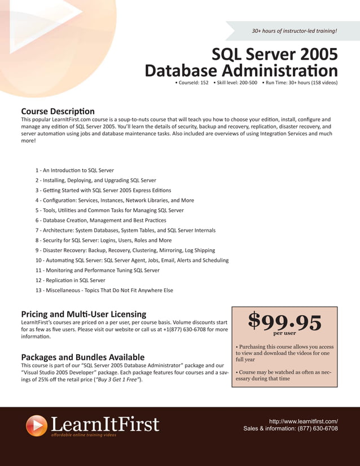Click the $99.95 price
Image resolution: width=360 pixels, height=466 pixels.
coord(284,322)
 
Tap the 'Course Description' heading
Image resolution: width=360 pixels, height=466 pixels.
coord(58,111)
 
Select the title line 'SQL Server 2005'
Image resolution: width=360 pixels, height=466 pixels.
coord(274,54)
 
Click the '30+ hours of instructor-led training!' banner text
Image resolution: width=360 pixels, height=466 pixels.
coord(294,30)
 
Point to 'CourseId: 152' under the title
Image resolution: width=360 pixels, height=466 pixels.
coord(192,83)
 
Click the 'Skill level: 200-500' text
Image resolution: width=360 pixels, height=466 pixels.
coord(235,83)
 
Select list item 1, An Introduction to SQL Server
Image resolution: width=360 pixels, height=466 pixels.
coord(74,170)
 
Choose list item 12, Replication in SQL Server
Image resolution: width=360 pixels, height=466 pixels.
coord(70,280)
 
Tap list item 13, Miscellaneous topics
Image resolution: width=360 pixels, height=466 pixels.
coord(104,291)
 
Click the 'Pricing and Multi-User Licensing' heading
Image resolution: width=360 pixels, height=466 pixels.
coord(84,314)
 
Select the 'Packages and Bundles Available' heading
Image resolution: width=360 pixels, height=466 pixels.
coord(82,357)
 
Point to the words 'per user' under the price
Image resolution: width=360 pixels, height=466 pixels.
coord(284,333)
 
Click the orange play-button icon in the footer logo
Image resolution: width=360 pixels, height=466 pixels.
coord(37,425)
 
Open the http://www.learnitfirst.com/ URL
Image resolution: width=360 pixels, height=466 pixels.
coord(303,421)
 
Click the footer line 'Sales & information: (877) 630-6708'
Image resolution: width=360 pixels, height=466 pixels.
coord(290,429)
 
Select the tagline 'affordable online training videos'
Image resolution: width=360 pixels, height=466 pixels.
coord(84,435)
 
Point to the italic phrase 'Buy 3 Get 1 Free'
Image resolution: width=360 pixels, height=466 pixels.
coord(118,380)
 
